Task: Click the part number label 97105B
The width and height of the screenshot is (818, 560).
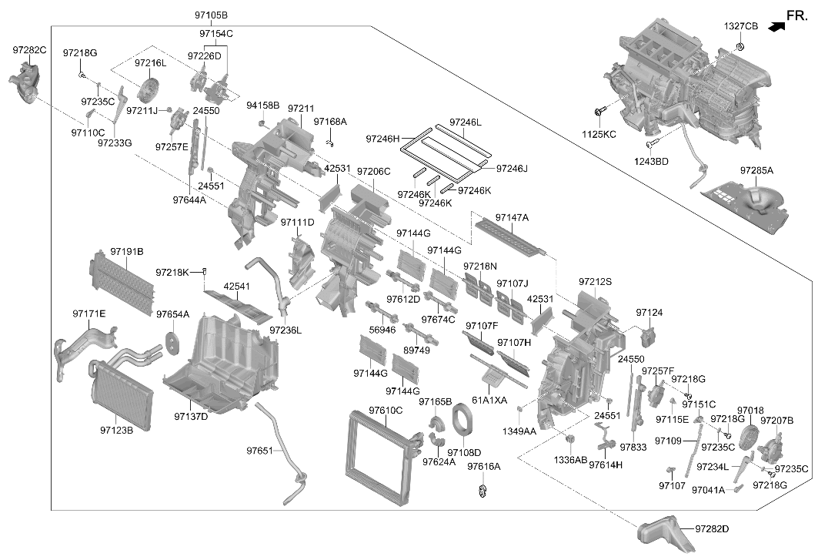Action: tap(212, 15)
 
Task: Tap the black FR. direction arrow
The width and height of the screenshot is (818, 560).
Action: tap(776, 25)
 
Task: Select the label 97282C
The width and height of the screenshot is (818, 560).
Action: tap(30, 50)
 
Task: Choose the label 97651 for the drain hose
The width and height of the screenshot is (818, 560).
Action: tap(260, 451)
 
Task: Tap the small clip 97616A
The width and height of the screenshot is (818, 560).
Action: tap(483, 491)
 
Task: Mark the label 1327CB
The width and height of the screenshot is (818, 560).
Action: tap(741, 26)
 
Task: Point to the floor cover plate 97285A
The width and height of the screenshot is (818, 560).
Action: tap(744, 204)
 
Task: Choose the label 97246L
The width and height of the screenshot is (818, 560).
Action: tap(466, 122)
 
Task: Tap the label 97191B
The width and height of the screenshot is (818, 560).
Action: tap(127, 252)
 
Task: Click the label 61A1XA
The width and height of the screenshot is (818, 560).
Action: tap(489, 401)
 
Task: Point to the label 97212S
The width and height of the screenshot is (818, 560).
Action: tap(596, 282)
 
